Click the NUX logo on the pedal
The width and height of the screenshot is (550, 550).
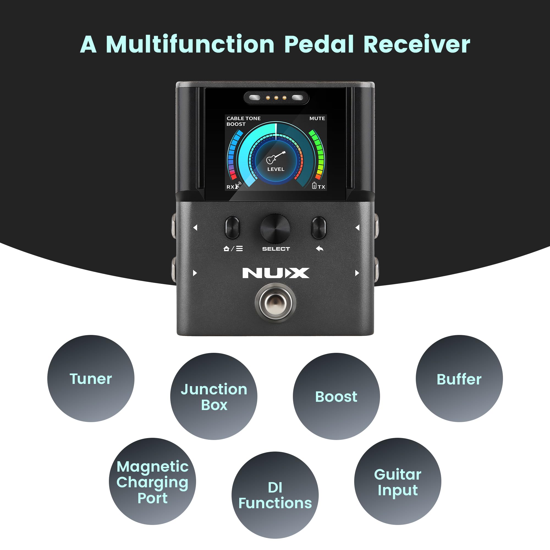click(x=276, y=273)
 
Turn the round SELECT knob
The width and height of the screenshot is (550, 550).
click(x=275, y=229)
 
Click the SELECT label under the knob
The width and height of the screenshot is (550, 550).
click(x=276, y=249)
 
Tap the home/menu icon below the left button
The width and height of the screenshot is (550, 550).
click(x=233, y=249)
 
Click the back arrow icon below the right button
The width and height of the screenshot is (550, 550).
click(x=319, y=249)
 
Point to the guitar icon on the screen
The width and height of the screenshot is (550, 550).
click(x=275, y=157)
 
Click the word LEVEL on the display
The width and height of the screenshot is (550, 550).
click(x=276, y=169)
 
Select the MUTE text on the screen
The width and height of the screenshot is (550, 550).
click(x=317, y=119)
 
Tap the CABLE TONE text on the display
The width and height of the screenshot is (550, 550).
click(x=243, y=119)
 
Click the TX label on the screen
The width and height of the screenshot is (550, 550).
click(x=321, y=187)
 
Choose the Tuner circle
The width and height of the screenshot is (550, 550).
click(x=91, y=378)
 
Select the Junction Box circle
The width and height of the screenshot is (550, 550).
click(x=214, y=396)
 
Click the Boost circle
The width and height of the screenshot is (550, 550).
click(x=336, y=396)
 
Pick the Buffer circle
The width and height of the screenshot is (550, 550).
click(x=459, y=378)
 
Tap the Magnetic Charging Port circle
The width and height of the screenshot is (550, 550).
click(x=152, y=482)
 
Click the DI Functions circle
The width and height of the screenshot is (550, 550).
click(x=275, y=495)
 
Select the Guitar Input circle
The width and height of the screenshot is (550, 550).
click(x=398, y=482)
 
